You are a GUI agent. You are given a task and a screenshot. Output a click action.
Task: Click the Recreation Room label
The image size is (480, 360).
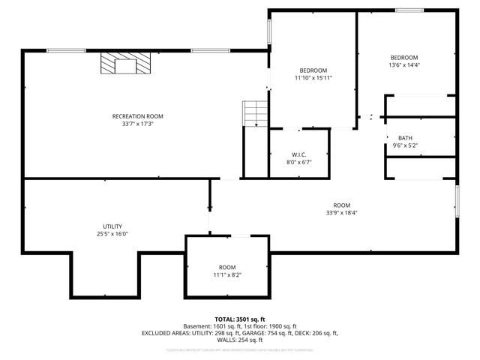click(x=137, y=116)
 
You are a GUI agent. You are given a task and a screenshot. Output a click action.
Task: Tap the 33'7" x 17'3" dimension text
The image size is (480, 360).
click(x=137, y=124)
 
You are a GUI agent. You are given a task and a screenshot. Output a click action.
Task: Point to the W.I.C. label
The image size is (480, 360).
click(x=298, y=154)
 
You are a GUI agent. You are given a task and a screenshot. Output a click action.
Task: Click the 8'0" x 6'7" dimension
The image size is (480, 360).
click(x=298, y=163)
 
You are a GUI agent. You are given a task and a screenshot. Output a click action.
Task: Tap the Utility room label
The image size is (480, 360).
click(x=112, y=226)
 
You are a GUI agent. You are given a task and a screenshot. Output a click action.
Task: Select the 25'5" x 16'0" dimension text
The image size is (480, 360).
click(x=112, y=234)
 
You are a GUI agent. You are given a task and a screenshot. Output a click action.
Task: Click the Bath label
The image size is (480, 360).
click(x=405, y=138)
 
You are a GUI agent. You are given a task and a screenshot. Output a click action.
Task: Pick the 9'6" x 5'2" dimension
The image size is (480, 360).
click(x=405, y=145)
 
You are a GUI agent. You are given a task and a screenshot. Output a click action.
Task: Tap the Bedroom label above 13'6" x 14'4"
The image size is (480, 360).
click(x=403, y=58)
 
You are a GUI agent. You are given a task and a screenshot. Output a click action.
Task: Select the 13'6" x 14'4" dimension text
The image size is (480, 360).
click(x=403, y=66)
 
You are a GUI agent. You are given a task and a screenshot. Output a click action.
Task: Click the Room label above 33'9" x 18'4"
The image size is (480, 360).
click(x=342, y=205)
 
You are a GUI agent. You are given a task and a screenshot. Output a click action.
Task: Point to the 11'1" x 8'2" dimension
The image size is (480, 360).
click(x=226, y=274)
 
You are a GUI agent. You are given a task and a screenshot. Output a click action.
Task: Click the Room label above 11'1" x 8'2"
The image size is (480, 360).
click(x=226, y=267)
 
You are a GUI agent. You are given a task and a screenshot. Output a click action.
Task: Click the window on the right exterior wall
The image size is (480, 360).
click(x=457, y=202)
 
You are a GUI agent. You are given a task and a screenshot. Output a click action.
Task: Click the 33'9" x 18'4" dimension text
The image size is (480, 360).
click(x=342, y=213)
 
